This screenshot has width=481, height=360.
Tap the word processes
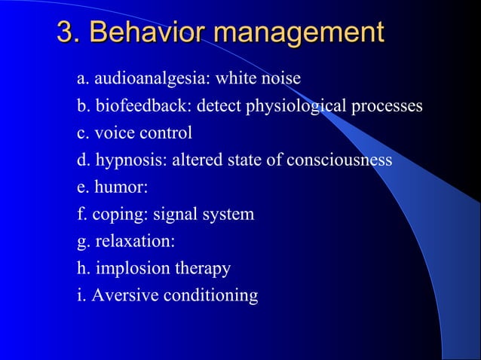click(x=386, y=106)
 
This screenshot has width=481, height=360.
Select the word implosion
click(x=133, y=269)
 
